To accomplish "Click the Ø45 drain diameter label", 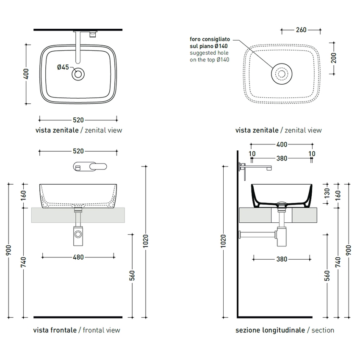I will click(63, 67).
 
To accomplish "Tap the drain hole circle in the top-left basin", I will click(78, 75).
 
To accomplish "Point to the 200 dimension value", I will click(334, 57).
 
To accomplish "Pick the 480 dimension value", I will click(78, 257).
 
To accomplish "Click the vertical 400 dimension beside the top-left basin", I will click(26, 75).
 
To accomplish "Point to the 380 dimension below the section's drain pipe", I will click(282, 259).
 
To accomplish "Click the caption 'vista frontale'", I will click(55, 330).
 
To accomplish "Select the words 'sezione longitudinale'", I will click(270, 330).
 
